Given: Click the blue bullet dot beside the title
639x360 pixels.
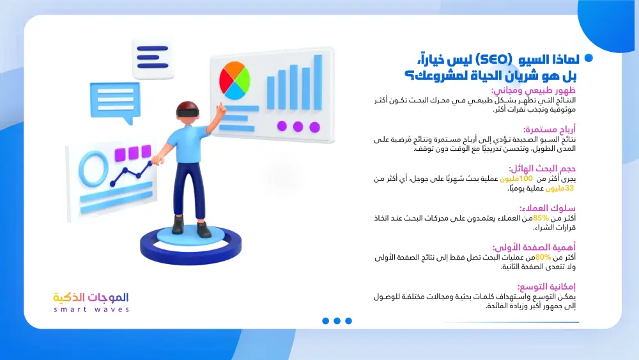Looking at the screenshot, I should pos(589,58).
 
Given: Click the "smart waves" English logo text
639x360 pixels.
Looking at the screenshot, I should pos(91,309).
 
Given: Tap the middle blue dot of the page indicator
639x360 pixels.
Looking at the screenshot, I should pos(337,321).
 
